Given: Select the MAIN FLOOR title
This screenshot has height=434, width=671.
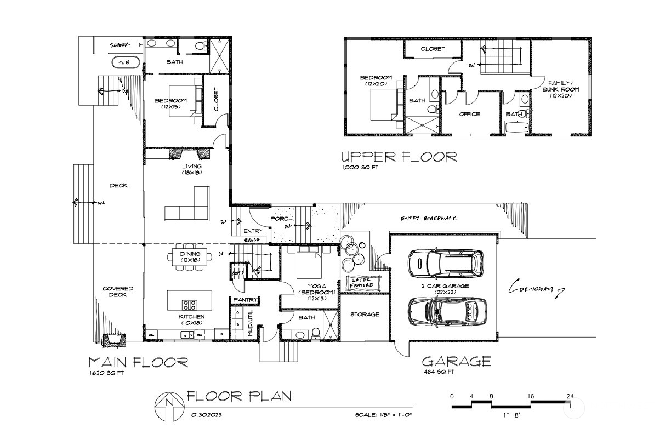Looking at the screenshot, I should (138, 362).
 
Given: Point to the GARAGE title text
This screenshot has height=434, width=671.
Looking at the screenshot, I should (456, 362).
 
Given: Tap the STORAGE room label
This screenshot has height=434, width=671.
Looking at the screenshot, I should (365, 315).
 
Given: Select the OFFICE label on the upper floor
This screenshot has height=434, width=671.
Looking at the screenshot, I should (469, 115).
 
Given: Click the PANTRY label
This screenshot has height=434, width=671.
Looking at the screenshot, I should (244, 300).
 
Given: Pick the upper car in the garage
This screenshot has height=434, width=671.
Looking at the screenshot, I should (446, 264).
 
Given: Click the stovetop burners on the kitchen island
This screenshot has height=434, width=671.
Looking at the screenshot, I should (190, 305).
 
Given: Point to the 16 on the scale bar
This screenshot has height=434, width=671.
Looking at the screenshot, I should (531, 396).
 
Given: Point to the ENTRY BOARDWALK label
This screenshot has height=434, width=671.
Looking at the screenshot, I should (429, 219).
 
